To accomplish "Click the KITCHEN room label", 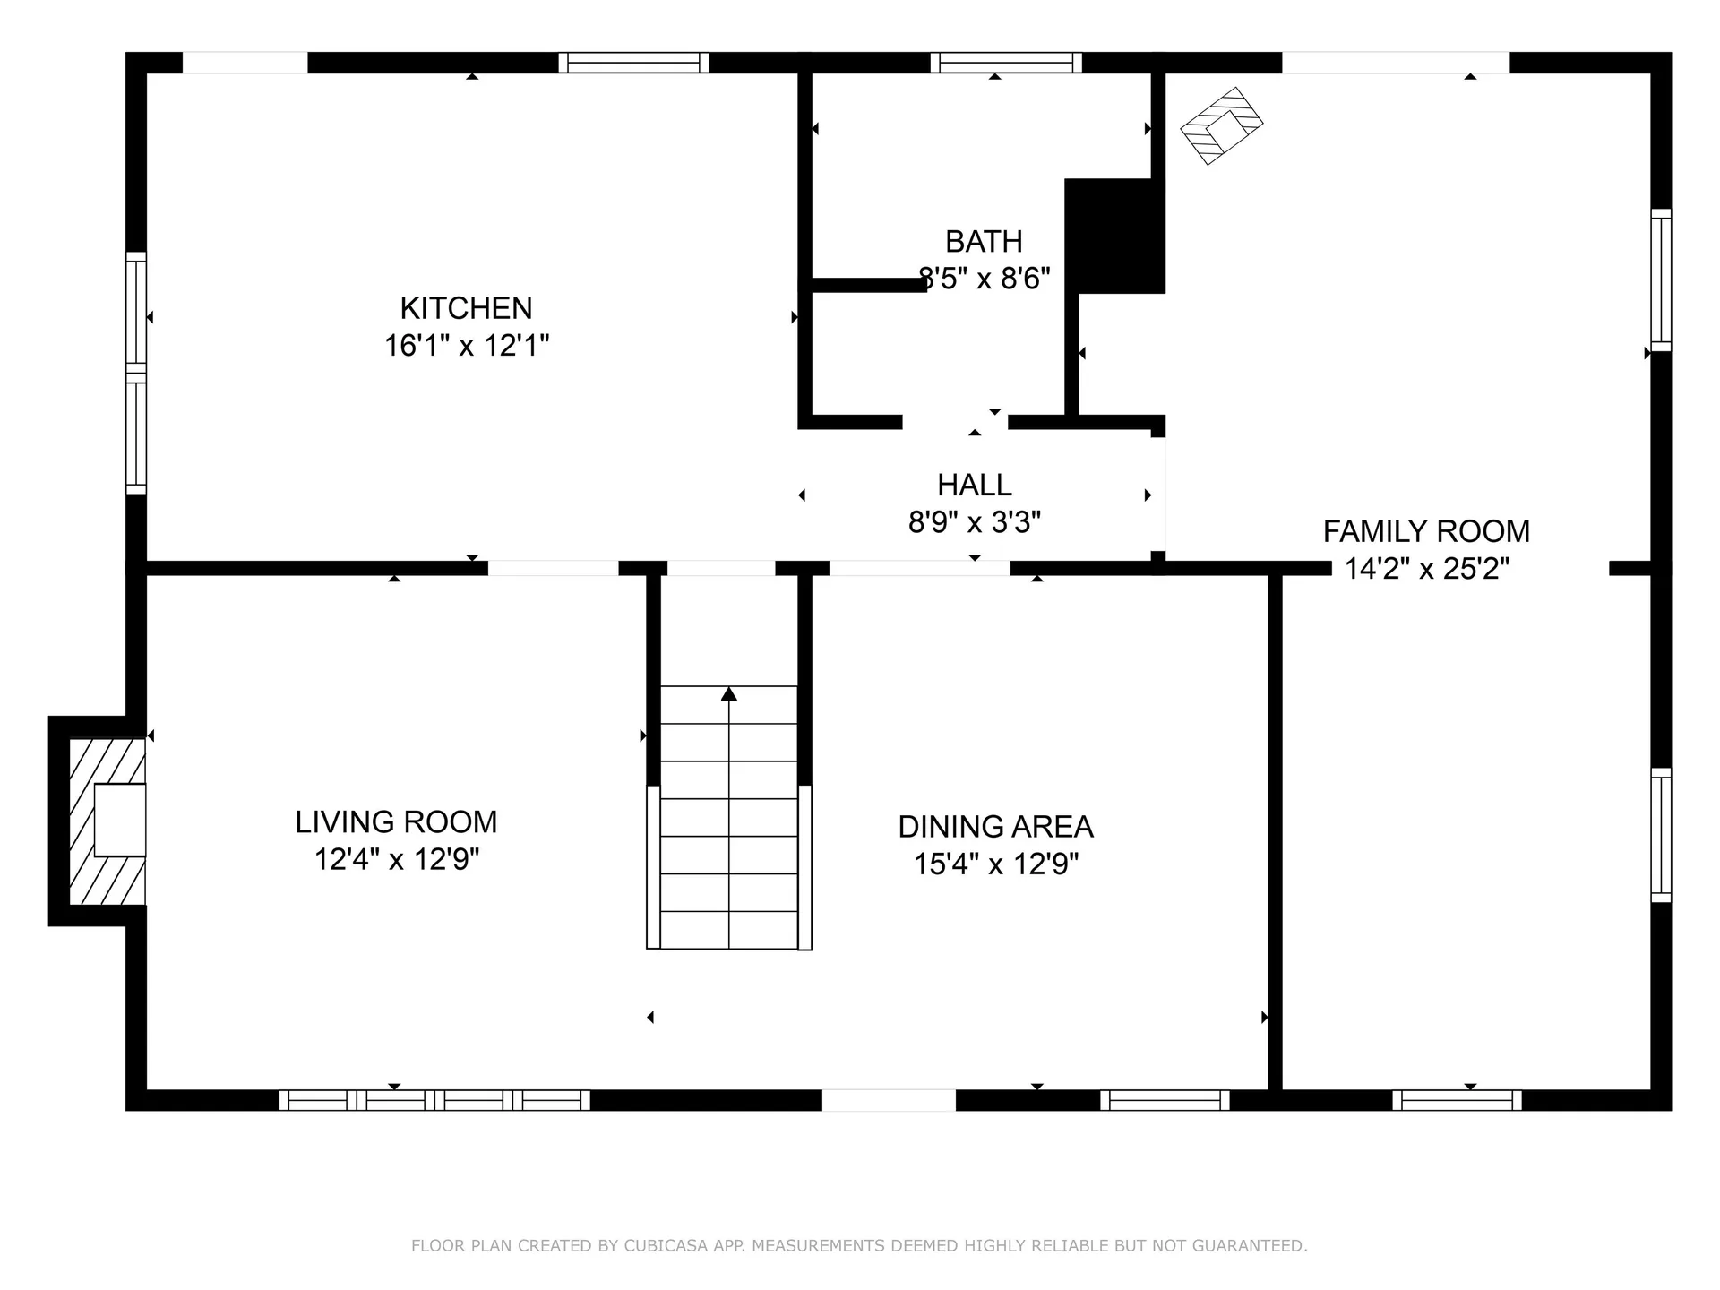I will tap(466, 308).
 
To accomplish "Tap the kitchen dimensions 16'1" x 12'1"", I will tap(466, 346).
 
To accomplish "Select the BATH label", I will tap(984, 242).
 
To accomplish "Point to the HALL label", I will tap(975, 485).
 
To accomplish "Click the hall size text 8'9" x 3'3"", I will tap(975, 522).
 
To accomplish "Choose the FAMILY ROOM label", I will tap(1426, 531).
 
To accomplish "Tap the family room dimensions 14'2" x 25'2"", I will tap(1426, 569).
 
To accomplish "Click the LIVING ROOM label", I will tap(396, 821).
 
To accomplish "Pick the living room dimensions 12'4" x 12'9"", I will tap(396, 860).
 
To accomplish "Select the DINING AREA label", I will tap(995, 826).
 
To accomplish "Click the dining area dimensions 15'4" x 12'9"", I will tap(995, 864).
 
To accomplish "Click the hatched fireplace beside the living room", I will tap(107, 821).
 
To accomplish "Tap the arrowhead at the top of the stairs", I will tap(729, 693).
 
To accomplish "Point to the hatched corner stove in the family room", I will tap(1221, 126).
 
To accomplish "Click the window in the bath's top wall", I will tap(1005, 63).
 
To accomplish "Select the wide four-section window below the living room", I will tap(434, 1100).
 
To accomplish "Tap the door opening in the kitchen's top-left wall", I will tap(245, 63).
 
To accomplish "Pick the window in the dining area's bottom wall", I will tap(1165, 1100).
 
